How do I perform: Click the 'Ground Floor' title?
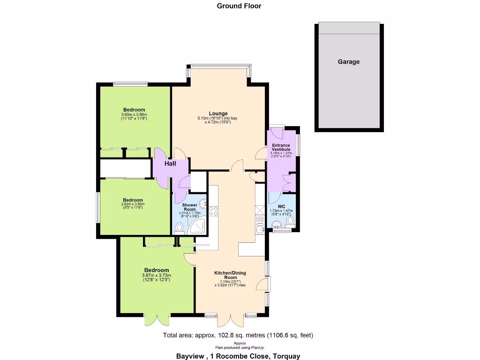[239, 6]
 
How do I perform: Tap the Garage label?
[348, 61]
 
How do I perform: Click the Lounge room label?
[218, 113]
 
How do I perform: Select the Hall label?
[170, 164]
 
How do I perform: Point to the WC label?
[281, 206]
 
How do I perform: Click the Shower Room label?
[189, 207]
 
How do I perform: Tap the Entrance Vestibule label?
[281, 147]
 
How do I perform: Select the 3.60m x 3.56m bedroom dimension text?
[134, 115]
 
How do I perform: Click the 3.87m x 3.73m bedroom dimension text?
[157, 276]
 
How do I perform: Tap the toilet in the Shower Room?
[179, 228]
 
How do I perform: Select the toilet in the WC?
[290, 221]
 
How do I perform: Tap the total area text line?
[238, 335]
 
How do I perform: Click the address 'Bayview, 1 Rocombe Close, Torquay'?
[238, 356]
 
